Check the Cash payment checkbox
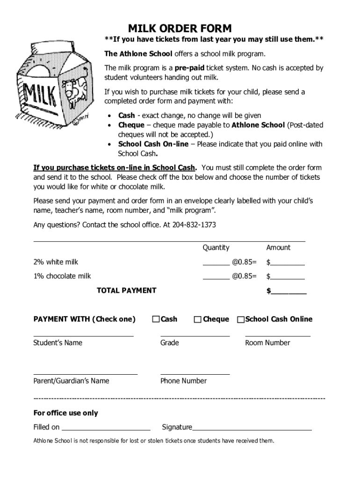156,319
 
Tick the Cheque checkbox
198,319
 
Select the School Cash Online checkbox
241,320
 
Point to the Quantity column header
216,247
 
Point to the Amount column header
278,247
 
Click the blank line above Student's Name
83,335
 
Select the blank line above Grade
195,335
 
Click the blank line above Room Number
278,335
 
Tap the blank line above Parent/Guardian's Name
86,373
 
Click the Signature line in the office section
252,428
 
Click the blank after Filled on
106,428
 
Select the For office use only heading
65,413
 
